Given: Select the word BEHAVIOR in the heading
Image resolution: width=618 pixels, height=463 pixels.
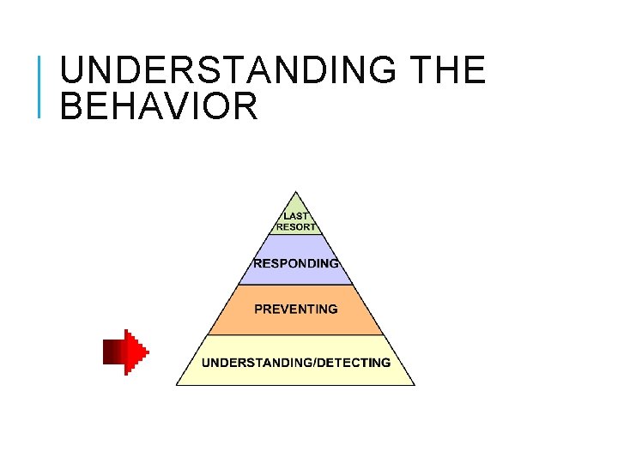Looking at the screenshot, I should point(160,107).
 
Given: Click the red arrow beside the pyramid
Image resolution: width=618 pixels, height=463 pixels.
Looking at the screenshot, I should point(125,352).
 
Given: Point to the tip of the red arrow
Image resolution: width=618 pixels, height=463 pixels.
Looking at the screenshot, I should point(148,352).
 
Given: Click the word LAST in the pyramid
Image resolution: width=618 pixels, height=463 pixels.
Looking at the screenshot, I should point(296,217).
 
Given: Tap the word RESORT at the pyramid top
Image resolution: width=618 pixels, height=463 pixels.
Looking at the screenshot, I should point(296,228).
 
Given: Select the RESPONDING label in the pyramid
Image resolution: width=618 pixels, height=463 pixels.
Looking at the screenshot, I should point(296,263).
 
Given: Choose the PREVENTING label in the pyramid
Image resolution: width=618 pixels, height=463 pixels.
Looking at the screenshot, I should point(296,309).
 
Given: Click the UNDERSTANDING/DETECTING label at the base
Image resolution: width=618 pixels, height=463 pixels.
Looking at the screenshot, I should point(296,362).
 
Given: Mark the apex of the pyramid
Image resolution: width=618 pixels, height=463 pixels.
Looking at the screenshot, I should point(296,192).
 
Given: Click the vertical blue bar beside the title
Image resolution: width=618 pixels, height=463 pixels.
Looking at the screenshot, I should point(40,85).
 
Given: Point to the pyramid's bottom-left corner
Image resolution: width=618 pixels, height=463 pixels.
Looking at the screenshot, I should point(177,384).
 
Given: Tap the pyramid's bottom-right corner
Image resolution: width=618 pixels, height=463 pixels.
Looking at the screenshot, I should point(415,384).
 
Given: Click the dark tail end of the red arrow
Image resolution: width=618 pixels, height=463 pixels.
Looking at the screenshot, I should point(106,352).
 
